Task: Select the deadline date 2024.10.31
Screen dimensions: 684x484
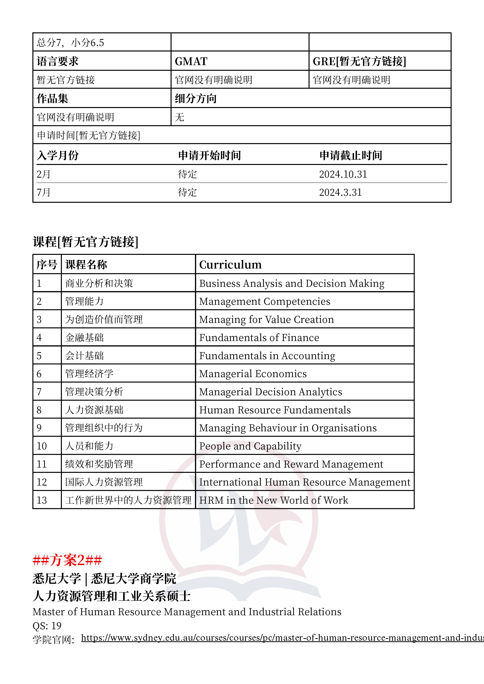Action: (x=343, y=174)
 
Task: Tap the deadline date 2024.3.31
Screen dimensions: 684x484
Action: (x=340, y=192)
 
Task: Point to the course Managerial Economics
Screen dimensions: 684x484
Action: (x=253, y=374)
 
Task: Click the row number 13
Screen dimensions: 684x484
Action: (x=42, y=500)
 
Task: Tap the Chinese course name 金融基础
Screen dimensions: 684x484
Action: (x=84, y=338)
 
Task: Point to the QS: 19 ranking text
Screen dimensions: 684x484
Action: (x=47, y=626)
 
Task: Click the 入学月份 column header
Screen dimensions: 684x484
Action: (x=58, y=155)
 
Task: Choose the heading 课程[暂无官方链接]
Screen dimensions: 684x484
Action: (x=86, y=242)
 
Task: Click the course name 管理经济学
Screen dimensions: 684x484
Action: (x=89, y=374)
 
